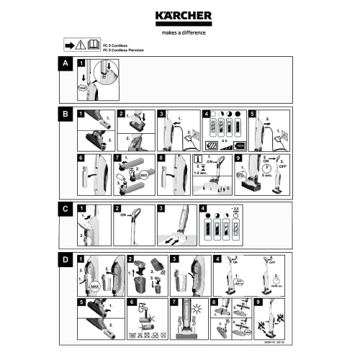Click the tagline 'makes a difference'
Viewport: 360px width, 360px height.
point(179,32)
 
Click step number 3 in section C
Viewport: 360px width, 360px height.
point(161,208)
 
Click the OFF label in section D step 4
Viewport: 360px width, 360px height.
point(271,264)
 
